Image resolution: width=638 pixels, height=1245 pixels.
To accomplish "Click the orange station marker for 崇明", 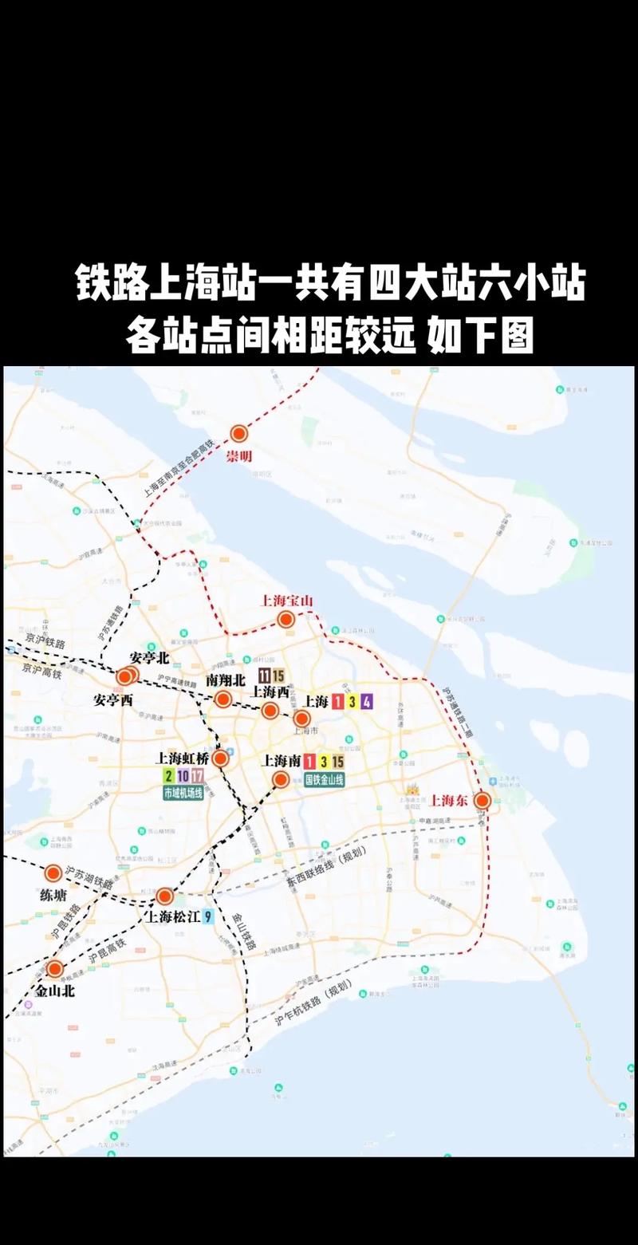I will click(239, 434).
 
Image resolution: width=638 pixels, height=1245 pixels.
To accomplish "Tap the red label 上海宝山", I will click(288, 601).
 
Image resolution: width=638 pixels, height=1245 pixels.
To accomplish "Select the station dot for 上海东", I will click(482, 800).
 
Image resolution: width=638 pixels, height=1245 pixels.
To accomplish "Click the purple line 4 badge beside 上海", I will click(366, 702).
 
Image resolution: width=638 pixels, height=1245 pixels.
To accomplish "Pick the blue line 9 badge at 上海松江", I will click(208, 916).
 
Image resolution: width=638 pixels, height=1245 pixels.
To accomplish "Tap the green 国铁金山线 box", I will click(325, 779).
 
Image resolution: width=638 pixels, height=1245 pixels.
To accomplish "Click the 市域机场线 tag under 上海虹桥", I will click(183, 793).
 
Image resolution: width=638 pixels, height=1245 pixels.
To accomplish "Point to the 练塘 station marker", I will click(53, 873).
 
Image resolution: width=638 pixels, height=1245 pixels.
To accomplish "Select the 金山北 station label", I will click(55, 991).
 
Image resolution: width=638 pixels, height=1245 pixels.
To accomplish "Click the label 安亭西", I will click(113, 699).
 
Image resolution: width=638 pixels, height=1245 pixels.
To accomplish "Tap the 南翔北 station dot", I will click(223, 699).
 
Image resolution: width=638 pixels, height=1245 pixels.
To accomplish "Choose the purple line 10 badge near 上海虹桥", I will click(183, 775).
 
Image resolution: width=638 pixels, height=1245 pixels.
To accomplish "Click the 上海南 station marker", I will click(280, 779).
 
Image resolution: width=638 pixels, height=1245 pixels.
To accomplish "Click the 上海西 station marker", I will click(270, 711).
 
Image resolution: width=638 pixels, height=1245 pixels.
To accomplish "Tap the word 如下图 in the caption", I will click(480, 336).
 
